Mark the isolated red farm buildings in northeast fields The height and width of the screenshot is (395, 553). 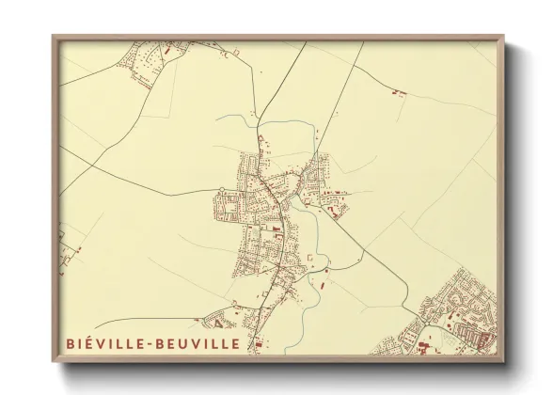coord(398,92)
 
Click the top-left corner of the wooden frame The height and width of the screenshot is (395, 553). coord(54,38)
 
